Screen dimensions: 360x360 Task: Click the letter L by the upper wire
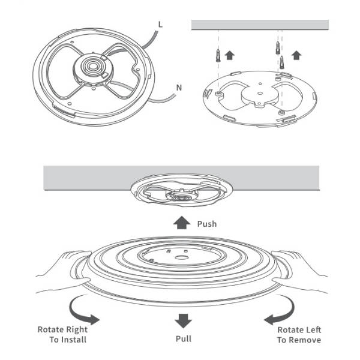tap(160, 24)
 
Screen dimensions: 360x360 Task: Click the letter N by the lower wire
tap(178, 87)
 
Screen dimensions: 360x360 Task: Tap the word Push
tap(207, 224)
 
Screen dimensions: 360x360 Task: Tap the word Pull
tap(184, 339)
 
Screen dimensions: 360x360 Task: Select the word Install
tap(73, 340)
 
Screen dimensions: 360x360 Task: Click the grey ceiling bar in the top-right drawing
tap(259, 25)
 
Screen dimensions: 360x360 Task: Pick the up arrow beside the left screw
tap(229, 56)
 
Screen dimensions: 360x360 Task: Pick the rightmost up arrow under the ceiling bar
tap(295, 56)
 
